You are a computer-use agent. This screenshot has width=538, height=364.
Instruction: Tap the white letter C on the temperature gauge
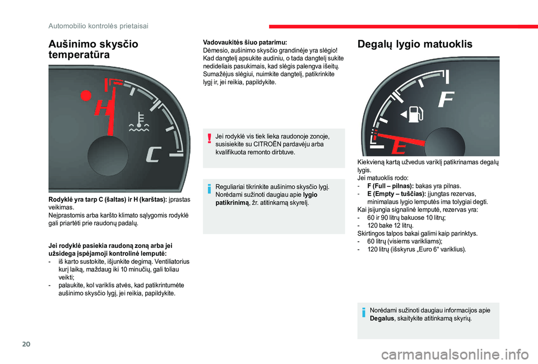coord(154,154)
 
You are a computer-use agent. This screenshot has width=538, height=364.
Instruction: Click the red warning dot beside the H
coord(86,95)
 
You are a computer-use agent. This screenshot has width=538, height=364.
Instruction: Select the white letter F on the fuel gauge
coord(447,100)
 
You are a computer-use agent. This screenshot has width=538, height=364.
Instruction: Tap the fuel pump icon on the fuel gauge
coord(412,114)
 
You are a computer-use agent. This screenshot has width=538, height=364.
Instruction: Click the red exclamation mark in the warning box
coord(208,138)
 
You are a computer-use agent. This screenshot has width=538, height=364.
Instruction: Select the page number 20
coord(26,344)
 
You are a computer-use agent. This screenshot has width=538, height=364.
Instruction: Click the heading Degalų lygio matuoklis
coord(415,44)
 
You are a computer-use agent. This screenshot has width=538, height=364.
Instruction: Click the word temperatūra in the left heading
coord(79,54)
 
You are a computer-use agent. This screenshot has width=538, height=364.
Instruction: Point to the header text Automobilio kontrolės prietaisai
coord(99,26)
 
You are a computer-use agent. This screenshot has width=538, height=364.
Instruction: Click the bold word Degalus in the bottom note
coord(382,319)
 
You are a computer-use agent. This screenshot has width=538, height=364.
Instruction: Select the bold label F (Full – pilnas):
coord(391,186)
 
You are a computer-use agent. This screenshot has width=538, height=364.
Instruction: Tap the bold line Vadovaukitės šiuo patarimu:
coord(245,43)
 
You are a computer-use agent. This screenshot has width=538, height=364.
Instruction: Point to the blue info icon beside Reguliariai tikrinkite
coord(208,188)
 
